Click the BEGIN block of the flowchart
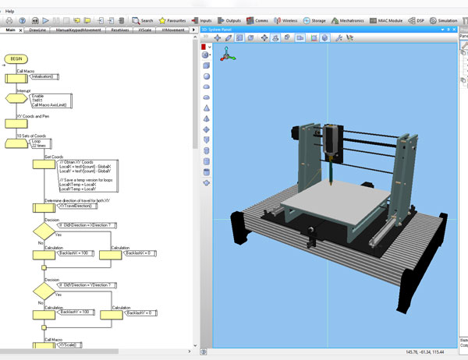coord(16,58)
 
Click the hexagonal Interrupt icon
coord(16,99)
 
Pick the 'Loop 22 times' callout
coord(42,143)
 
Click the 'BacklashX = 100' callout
coord(76,254)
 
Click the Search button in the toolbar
coord(142,20)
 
